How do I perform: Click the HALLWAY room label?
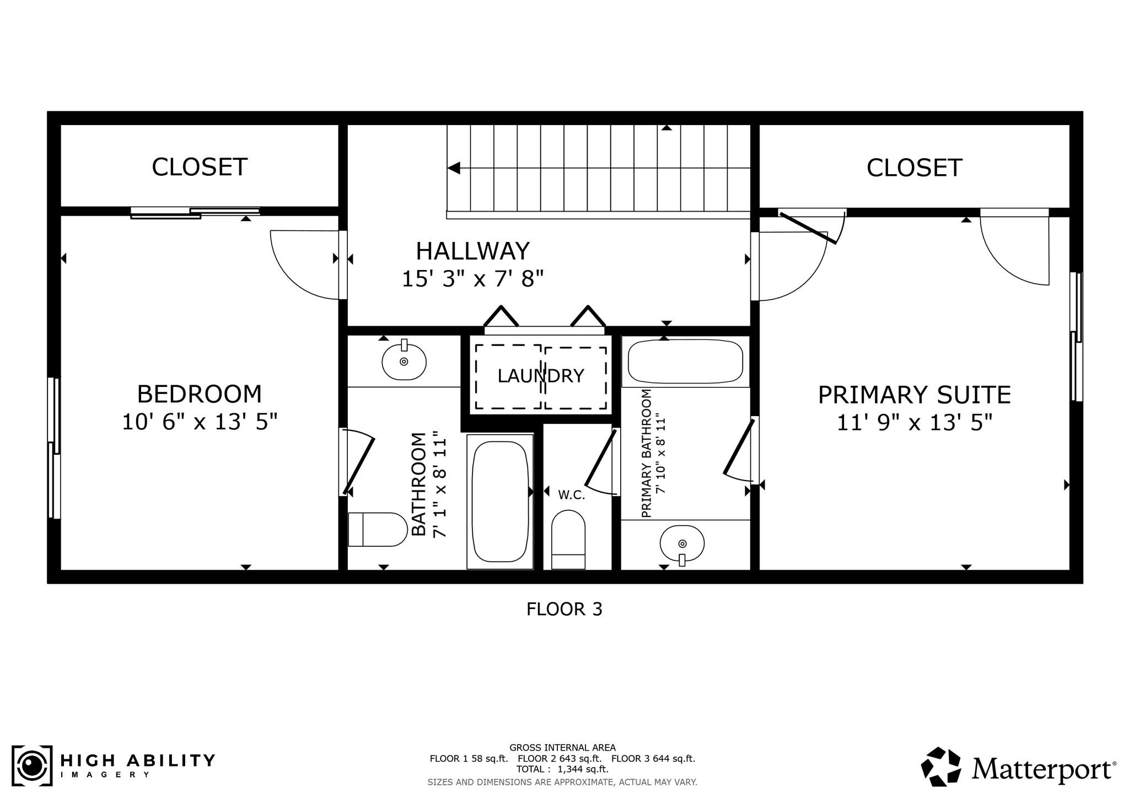pos(472,251)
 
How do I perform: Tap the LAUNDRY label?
pos(541,376)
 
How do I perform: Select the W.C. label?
pos(571,495)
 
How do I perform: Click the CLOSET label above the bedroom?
pos(200,167)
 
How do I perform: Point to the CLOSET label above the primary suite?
pos(914,168)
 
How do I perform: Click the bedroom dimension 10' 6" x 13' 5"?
pos(200,422)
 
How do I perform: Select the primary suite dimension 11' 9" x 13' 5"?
pos(914,423)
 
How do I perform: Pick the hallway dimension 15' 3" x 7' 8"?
pos(472,279)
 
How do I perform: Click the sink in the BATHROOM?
pos(404,362)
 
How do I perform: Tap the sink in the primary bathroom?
pos(682,543)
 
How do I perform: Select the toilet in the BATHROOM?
pos(378,530)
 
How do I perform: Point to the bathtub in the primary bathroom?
pos(685,362)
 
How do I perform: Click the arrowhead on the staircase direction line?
pos(454,168)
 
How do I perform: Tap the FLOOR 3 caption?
pos(564,609)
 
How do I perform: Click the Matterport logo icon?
pos(941,766)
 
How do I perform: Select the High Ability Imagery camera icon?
pos(32,765)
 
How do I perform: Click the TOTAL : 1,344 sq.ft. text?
pos(562,769)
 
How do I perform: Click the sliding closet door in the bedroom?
pos(195,213)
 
